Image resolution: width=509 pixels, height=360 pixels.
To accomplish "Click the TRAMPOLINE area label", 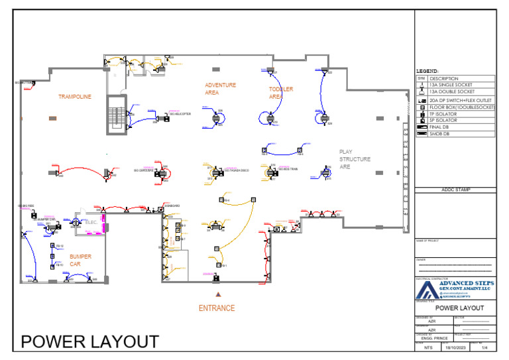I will [x=74, y=97].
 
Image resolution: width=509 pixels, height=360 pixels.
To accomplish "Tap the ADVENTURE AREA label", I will [x=221, y=89].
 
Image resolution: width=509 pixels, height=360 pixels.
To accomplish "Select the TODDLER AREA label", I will [x=280, y=93].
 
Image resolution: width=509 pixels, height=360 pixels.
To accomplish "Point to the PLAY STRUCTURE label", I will [x=355, y=159].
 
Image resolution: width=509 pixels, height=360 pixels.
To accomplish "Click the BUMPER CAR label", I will [x=80, y=260].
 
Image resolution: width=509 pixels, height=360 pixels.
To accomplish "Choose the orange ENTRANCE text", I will [x=217, y=308].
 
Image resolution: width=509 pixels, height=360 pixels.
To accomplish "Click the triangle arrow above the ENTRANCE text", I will [x=217, y=294].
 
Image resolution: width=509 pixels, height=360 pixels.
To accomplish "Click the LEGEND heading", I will [x=427, y=71].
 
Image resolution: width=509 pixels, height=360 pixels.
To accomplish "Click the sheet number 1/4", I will [x=484, y=347].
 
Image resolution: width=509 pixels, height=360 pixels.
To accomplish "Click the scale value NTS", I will [x=427, y=347].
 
